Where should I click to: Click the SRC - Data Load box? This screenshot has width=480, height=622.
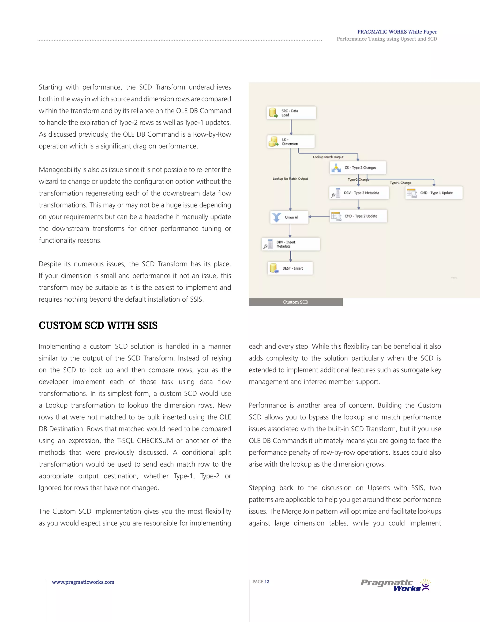tap(291, 113)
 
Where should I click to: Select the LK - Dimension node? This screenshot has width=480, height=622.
tap(291, 142)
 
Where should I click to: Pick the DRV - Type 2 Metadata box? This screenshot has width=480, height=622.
tap(359, 193)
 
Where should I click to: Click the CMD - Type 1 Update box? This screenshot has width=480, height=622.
tap(434, 193)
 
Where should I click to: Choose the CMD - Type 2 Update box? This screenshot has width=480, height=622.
tap(358, 216)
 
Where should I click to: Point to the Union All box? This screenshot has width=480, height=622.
tap(289, 217)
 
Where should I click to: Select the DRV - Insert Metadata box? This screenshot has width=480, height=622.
tap(291, 244)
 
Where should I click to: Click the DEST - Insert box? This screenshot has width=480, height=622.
tap(290, 268)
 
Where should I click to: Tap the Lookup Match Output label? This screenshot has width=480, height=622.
tap(328, 157)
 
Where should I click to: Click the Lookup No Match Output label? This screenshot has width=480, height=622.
tap(290, 179)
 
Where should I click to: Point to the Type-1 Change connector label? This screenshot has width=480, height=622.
tap(400, 183)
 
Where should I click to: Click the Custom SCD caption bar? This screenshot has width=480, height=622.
tap(296, 302)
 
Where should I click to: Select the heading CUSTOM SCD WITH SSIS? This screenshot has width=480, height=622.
tap(98, 325)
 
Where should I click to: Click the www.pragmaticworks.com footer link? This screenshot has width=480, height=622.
tap(83, 582)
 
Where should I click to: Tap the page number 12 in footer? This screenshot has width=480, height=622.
tap(266, 582)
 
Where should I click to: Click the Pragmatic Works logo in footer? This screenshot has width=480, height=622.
tap(396, 585)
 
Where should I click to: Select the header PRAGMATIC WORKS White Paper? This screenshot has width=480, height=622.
tap(397, 32)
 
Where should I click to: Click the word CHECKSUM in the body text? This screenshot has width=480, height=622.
tap(155, 441)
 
